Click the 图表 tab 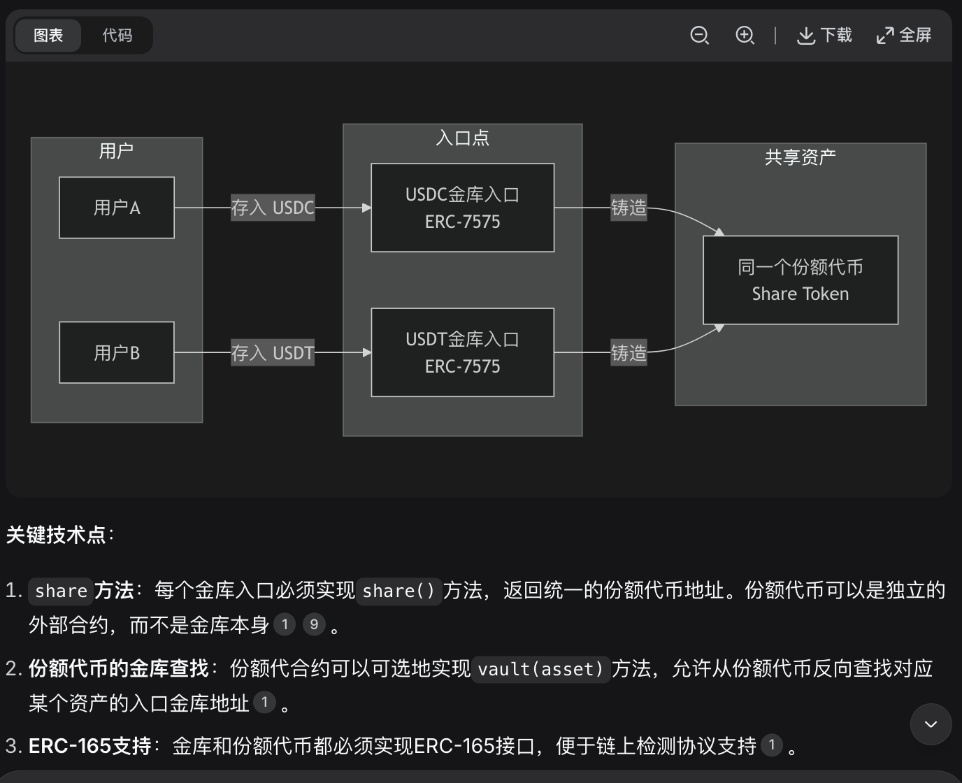tap(48, 35)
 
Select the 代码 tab tap(117, 35)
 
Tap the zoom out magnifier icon tap(699, 35)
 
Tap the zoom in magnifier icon tap(745, 35)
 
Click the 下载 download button tap(824, 35)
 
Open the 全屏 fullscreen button tap(904, 35)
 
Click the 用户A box tap(117, 208)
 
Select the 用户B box tap(117, 352)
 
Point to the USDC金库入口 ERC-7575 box tap(462, 208)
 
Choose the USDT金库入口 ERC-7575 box tap(462, 352)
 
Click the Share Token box tap(801, 280)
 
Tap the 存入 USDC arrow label tap(273, 208)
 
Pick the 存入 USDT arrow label tap(273, 353)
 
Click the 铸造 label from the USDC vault tap(629, 208)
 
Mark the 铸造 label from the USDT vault tap(629, 353)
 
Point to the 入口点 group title tap(462, 138)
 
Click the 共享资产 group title tap(801, 157)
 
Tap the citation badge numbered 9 tap(314, 624)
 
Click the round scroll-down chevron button tap(931, 724)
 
